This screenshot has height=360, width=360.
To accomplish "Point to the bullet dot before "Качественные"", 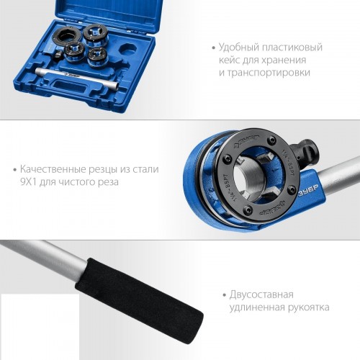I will point(14,169).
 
